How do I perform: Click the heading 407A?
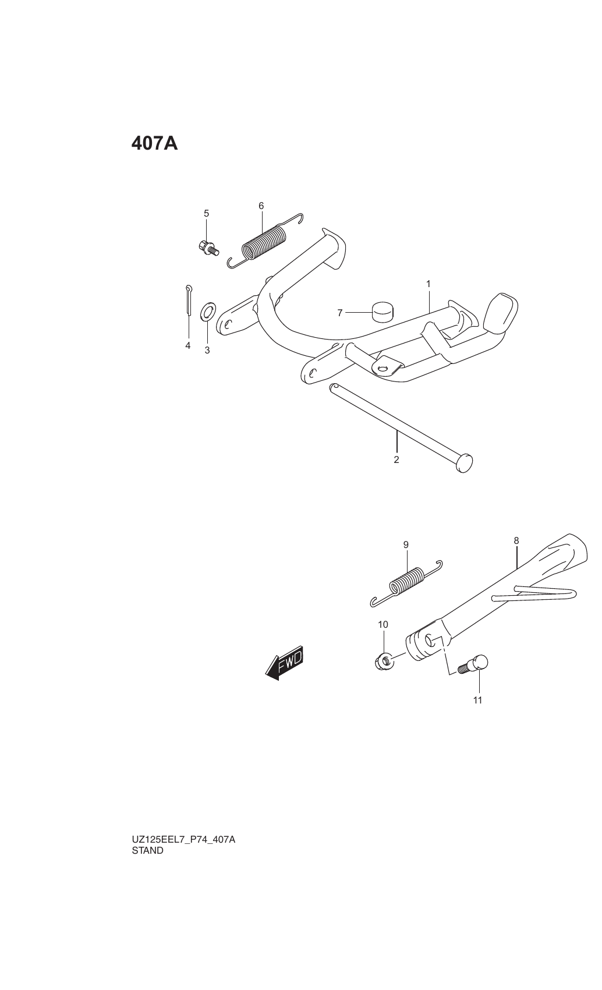point(154,143)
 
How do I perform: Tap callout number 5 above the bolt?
point(207,214)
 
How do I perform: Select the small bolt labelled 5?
point(208,249)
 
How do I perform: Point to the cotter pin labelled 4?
point(189,300)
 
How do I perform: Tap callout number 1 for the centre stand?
point(429,284)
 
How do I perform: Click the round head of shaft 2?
point(463,463)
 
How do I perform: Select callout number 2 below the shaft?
point(396,459)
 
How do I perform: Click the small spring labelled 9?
point(406,583)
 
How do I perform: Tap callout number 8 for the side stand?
point(516,540)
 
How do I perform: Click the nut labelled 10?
point(384,661)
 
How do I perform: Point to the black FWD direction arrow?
point(284,663)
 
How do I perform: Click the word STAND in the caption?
point(148,850)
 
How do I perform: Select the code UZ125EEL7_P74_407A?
point(183,839)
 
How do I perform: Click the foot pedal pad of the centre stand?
point(501,313)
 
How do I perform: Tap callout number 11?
point(478,700)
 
